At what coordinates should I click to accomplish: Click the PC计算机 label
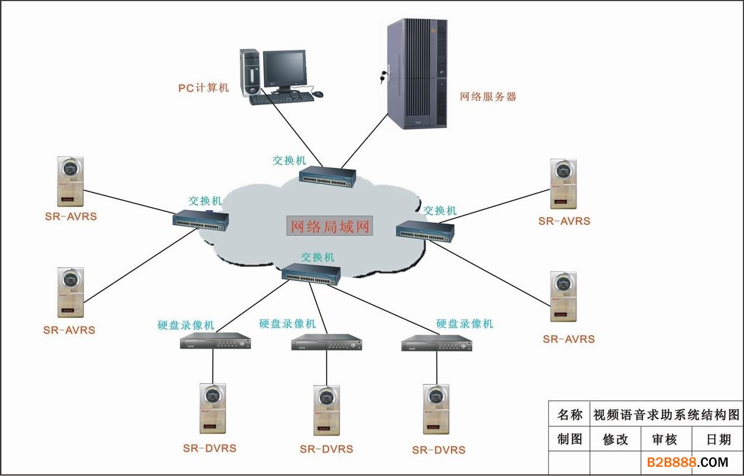(x=204, y=88)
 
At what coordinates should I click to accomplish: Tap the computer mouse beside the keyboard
(x=317, y=94)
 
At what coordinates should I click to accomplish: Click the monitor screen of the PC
(x=285, y=68)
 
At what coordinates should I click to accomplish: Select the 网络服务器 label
(x=488, y=97)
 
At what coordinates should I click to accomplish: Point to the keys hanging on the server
(x=384, y=76)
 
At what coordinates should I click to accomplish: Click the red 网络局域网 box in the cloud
(x=330, y=226)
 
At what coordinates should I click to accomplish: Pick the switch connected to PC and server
(x=327, y=176)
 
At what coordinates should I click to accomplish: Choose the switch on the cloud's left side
(x=201, y=220)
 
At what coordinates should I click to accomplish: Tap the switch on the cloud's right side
(x=425, y=231)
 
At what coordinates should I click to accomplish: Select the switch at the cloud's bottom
(x=311, y=274)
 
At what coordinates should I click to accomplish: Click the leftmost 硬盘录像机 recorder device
(x=215, y=341)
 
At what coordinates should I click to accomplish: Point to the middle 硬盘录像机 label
(x=288, y=323)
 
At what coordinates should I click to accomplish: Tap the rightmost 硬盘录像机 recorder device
(x=437, y=343)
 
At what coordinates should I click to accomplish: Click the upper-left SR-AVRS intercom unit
(x=70, y=181)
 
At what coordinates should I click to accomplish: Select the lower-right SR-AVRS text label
(x=568, y=339)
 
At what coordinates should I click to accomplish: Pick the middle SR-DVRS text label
(x=326, y=449)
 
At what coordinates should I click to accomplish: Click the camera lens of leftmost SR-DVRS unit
(x=212, y=396)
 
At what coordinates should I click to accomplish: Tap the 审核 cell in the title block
(x=664, y=439)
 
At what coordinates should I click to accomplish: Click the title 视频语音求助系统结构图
(x=666, y=415)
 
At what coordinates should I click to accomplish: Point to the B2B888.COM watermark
(x=688, y=463)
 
